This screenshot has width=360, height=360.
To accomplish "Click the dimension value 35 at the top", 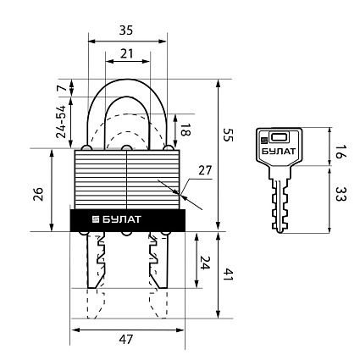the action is [x=126, y=30].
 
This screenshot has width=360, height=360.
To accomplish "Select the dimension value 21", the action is [x=126, y=53].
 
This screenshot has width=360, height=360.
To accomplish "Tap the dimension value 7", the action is [x=63, y=88].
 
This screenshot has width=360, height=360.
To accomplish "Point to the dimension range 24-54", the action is [x=61, y=122].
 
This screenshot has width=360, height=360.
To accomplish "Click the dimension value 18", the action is [x=186, y=130].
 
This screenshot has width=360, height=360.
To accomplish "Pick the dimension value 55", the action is [x=229, y=135].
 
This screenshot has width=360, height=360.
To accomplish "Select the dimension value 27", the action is [x=205, y=170].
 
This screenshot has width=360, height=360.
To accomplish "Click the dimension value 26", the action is [x=38, y=194].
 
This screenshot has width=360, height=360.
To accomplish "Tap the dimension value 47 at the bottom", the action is [x=126, y=339].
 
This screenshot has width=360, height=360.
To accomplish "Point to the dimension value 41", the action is [x=229, y=275].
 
